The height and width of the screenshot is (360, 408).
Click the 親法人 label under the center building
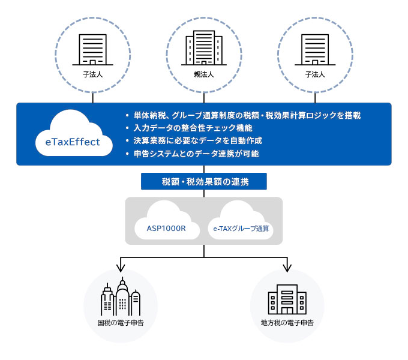(204, 75)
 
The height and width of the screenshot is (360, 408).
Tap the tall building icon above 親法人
(204, 47)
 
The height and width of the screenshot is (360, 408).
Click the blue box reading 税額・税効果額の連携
(204, 181)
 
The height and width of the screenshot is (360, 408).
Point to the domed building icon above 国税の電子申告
(121, 298)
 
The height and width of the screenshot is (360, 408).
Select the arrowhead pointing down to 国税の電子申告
(121, 266)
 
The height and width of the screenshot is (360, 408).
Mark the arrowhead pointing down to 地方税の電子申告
(287, 266)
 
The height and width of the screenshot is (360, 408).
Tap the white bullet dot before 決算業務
(127, 140)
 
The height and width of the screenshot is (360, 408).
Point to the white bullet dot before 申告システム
(127, 154)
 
